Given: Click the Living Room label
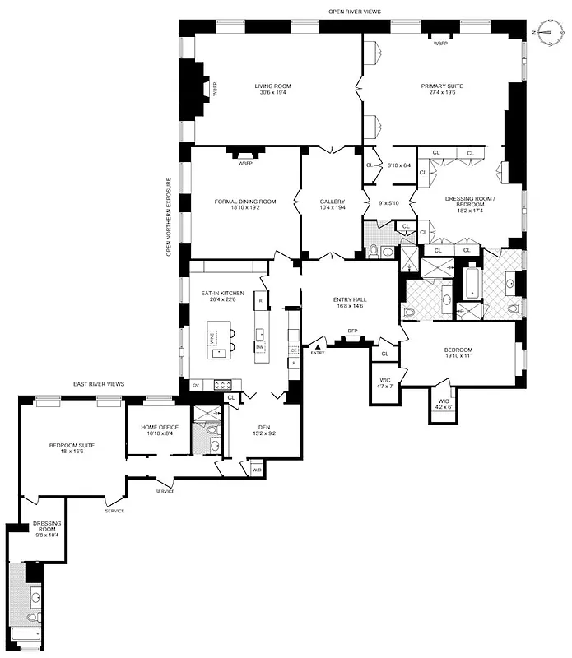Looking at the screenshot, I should pyautogui.click(x=272, y=86).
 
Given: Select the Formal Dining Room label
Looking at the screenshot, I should pyautogui.click(x=244, y=202).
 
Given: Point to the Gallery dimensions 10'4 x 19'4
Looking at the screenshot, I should pyautogui.click(x=332, y=209).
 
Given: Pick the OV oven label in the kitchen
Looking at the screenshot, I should pyautogui.click(x=196, y=385).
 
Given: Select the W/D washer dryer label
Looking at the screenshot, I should pyautogui.click(x=256, y=470).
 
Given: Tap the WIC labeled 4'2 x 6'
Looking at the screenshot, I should pyautogui.click(x=443, y=403).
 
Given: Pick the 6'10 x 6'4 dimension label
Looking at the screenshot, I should pyautogui.click(x=398, y=166).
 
